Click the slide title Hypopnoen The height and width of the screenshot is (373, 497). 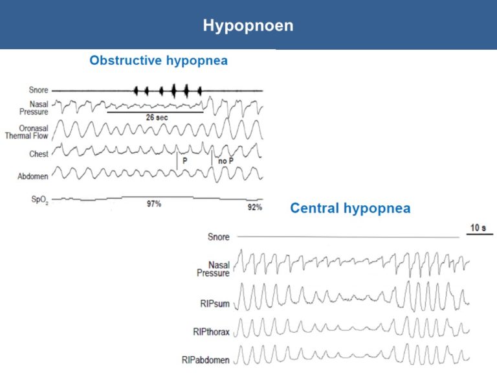click(248, 26)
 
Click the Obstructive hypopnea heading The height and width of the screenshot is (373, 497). click(159, 60)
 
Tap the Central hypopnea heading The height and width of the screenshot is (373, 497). click(350, 209)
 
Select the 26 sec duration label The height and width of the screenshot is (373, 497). click(157, 118)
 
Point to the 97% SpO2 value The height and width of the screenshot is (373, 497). click(154, 203)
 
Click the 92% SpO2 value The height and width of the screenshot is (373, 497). click(255, 207)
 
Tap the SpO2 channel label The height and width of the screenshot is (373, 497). click(39, 199)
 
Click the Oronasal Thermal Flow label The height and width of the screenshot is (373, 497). click(27, 132)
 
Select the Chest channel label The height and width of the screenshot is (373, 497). click(39, 154)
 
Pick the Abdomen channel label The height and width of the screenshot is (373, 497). click(33, 176)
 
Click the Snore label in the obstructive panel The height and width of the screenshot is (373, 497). click(38, 90)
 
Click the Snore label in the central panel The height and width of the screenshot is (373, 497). click(218, 237)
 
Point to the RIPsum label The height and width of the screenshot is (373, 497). click(215, 304)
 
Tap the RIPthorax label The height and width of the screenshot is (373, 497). click(211, 332)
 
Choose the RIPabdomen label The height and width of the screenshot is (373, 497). click(205, 360)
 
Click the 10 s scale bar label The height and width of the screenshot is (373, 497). click(478, 228)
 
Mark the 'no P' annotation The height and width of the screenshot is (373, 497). click(226, 161)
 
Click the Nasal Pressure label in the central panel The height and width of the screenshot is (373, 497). click(213, 269)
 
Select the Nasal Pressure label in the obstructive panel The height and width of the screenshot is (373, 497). click(34, 108)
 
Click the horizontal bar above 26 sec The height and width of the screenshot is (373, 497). click(155, 112)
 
